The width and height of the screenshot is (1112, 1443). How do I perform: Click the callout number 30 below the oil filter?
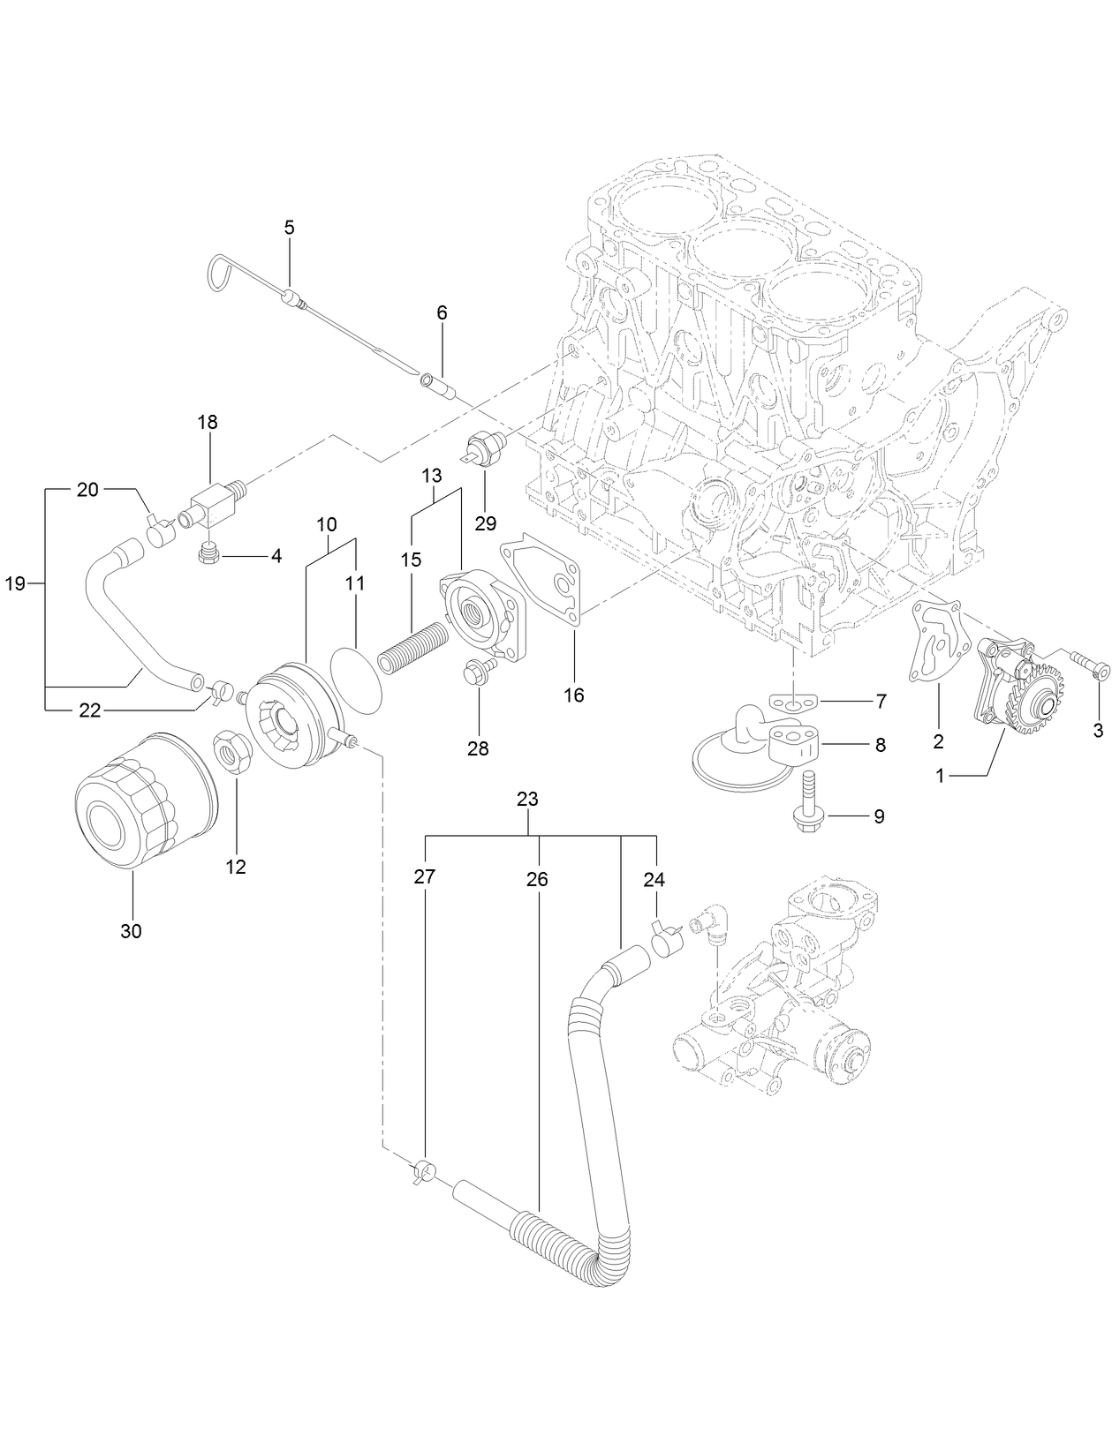pos(131,931)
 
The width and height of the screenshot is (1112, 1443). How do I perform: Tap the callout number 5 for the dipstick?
pos(290,227)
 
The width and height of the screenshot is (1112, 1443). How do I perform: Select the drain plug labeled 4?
pos(209,554)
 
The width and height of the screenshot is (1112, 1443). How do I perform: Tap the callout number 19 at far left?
pos(15,583)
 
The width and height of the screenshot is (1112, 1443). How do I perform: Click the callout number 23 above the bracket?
pos(527,800)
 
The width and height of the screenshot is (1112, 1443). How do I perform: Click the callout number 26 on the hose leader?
pos(537,879)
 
